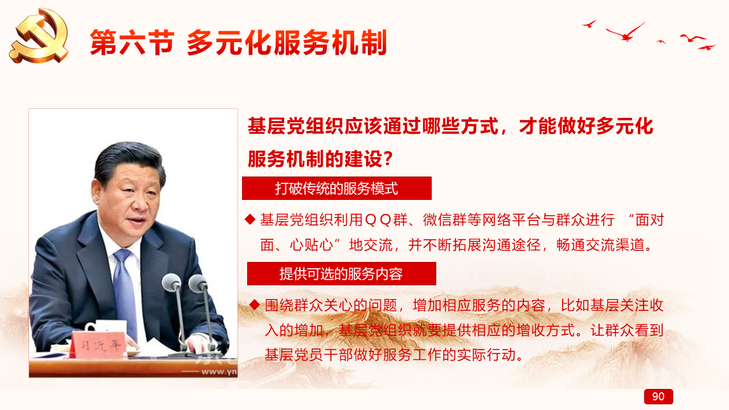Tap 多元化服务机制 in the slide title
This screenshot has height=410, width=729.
(287, 43)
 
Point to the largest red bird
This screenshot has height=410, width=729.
(625, 32)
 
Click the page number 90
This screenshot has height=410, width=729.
(658, 397)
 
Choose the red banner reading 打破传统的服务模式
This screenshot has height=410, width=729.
(337, 188)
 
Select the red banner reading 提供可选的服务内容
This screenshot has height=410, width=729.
(341, 274)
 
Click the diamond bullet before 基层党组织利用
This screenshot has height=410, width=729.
(250, 220)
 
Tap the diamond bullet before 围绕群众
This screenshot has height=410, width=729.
(255, 305)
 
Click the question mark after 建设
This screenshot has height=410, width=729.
(388, 159)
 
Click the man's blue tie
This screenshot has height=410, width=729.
(125, 293)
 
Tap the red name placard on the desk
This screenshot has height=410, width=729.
(99, 345)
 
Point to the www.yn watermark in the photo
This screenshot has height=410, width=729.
(219, 371)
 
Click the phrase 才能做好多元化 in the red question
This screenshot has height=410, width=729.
(586, 126)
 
